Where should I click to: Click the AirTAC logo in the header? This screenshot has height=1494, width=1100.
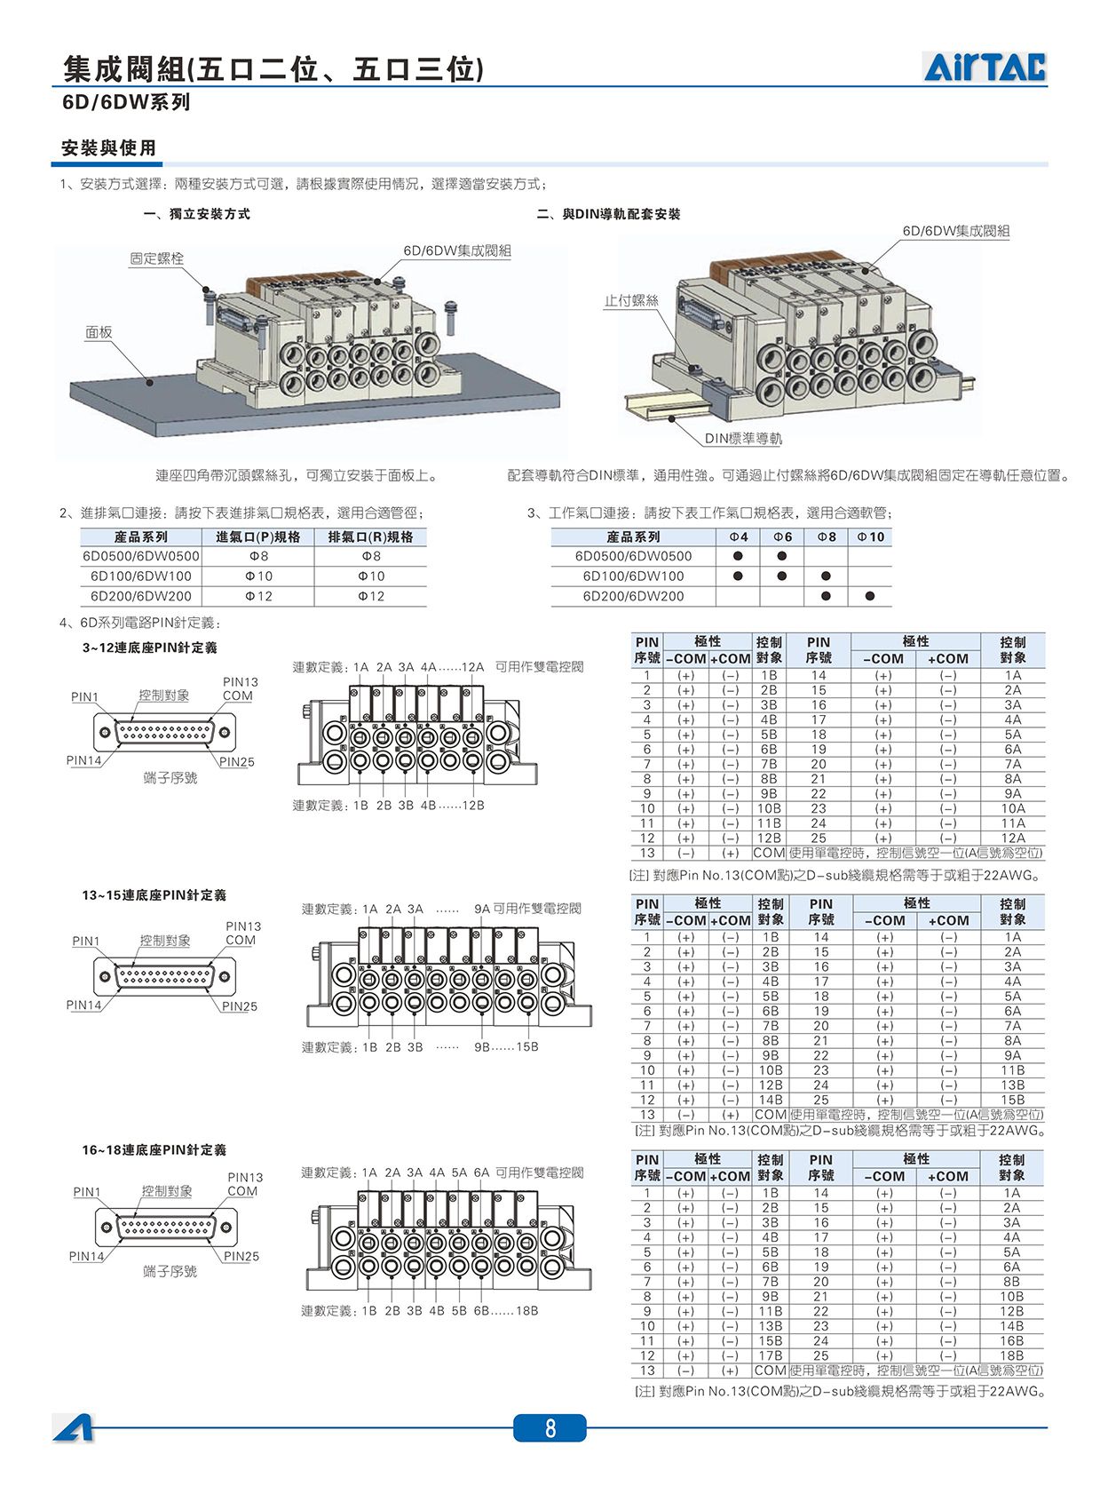point(985,67)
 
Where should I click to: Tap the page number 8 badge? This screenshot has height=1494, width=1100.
point(550,1428)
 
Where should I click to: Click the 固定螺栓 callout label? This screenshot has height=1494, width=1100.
point(156,258)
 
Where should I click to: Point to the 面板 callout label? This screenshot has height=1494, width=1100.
point(99,332)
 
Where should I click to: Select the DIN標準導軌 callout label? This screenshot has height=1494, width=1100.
point(743,438)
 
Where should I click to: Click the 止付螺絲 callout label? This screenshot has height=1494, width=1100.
point(630,300)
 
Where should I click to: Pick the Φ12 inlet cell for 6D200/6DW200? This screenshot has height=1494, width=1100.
point(258,596)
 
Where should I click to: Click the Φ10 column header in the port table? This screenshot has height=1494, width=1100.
point(870,536)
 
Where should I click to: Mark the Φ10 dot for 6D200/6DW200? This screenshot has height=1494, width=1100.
point(870,596)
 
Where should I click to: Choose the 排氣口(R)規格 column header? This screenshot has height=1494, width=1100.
point(371,536)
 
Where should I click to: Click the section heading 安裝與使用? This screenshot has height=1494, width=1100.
point(108,147)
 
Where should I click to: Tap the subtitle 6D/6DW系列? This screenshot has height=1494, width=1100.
point(126,102)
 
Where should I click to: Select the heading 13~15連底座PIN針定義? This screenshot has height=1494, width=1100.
point(154,895)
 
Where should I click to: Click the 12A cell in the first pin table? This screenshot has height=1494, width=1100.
point(1013,838)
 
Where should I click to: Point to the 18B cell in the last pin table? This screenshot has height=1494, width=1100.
point(1011,1355)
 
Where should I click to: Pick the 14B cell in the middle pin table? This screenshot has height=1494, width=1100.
point(771,1100)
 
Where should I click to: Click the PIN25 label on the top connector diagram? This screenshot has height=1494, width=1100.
point(237,762)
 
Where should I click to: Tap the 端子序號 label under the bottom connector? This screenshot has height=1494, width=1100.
point(170,1271)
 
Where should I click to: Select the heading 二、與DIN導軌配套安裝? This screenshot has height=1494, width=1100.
point(609,214)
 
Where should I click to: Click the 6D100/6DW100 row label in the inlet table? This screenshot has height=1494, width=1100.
point(140,576)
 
